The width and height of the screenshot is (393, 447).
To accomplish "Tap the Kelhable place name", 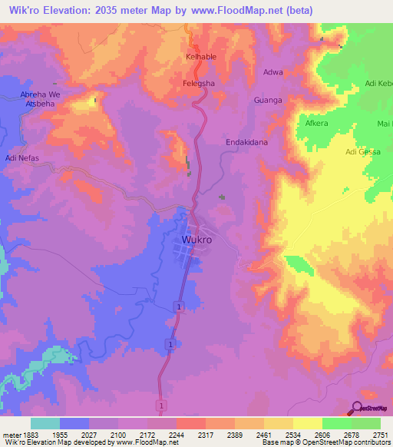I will point(202,58).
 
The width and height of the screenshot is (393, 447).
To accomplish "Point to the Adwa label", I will point(272,72).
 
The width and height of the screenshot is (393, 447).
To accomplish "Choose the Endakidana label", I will point(246,142).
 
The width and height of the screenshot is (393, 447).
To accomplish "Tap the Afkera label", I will point(316,123).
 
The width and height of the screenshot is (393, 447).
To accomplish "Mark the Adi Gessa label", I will point(363,152).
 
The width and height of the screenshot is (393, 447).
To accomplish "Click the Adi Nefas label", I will point(21,158).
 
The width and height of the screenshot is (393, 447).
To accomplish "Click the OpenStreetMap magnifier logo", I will point(357,408).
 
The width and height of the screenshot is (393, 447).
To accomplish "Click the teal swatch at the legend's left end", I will point(45,423).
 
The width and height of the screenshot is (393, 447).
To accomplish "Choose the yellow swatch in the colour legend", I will point(307,423).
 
